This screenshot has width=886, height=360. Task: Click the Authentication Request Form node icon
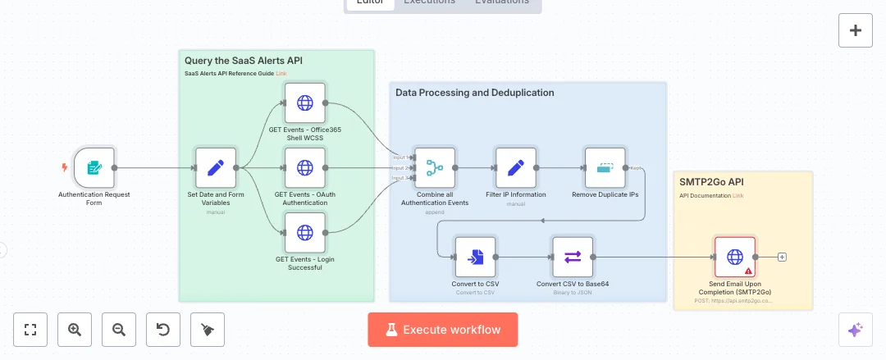tap(94, 168)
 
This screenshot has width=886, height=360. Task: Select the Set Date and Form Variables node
tap(216, 168)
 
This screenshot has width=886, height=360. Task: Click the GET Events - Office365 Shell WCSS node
tap(305, 103)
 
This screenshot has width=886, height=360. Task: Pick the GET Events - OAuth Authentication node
tap(305, 168)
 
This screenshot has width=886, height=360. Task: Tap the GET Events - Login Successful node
tap(305, 233)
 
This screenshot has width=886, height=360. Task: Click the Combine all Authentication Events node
tap(435, 168)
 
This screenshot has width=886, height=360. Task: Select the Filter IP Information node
tap(516, 168)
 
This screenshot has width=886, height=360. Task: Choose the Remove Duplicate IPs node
tap(605, 168)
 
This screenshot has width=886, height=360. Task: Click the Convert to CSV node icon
tap(476, 257)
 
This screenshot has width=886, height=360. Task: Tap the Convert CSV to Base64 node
tap(573, 257)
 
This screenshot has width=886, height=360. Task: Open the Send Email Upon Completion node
tap(735, 257)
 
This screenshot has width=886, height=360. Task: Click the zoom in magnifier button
tap(75, 330)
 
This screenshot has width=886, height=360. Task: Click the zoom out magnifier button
tap(119, 330)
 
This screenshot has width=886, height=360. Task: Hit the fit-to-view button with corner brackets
tap(31, 330)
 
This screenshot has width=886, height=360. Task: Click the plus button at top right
tap(856, 31)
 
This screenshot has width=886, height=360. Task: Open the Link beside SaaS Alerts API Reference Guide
tap(281, 74)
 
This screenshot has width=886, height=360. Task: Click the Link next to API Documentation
tap(738, 195)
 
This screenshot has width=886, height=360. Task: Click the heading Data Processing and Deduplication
tap(474, 93)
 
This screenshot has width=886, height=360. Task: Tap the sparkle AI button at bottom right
tap(855, 330)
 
